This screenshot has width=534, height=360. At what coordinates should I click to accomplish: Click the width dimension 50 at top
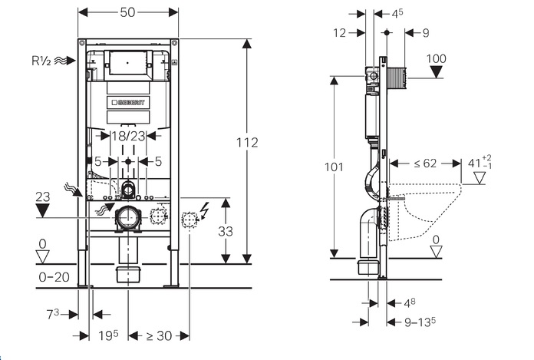pos(129,13)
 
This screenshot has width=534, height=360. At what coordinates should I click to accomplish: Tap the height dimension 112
pos(248,143)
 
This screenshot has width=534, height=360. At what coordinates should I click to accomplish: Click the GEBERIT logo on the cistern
pos(131,101)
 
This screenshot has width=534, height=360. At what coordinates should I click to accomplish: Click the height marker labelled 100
pos(436,58)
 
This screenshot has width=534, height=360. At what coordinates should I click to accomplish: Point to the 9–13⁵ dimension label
pos(420,322)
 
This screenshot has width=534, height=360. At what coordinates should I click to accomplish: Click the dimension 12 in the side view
pos(341,31)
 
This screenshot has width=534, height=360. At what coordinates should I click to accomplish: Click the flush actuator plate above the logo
pos(129,60)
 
